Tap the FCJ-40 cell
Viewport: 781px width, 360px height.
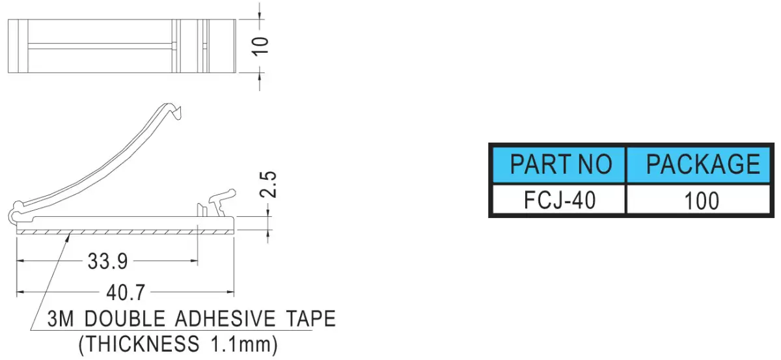click(559, 200)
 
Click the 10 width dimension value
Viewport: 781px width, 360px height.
click(260, 46)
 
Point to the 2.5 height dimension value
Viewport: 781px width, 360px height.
click(268, 184)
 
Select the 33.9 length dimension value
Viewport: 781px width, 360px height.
click(108, 261)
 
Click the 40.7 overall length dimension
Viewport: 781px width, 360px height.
click(126, 292)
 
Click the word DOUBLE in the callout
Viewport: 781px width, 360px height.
click(125, 318)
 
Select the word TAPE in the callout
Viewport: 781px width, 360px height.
click(310, 318)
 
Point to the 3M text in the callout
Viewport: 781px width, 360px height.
click(61, 318)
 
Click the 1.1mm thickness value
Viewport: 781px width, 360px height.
click(240, 344)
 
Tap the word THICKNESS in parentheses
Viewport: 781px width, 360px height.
click(143, 344)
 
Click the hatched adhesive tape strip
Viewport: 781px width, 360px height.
click(125, 232)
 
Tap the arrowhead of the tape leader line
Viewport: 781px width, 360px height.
click(68, 237)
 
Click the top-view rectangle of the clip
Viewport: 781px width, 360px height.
click(122, 46)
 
